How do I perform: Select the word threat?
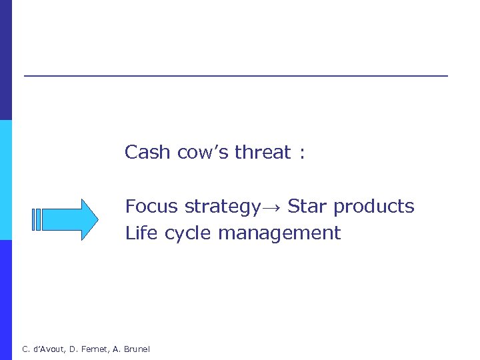(263, 153)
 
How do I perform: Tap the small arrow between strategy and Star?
(272, 208)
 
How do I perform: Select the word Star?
(307, 207)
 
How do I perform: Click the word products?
(373, 207)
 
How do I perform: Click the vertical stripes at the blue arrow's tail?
(37, 219)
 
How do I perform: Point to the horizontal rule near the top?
(236, 76)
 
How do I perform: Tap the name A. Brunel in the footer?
(132, 349)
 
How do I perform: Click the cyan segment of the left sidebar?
(5, 180)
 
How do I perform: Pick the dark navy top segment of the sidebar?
(5, 60)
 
